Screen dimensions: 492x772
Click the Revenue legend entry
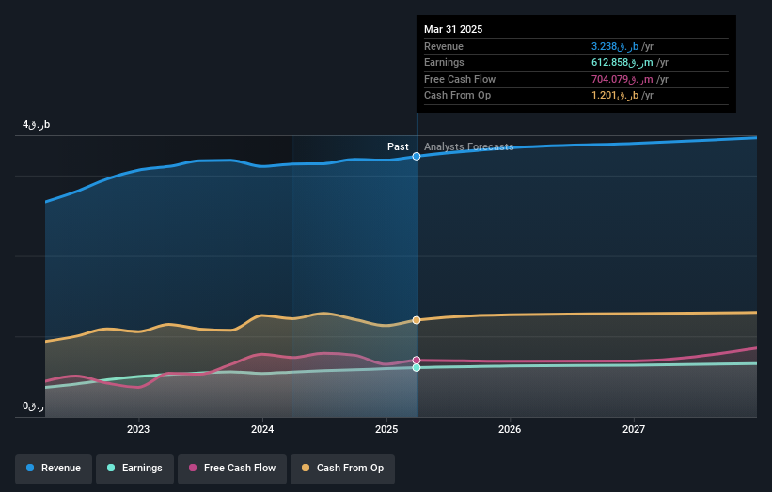coord(54,468)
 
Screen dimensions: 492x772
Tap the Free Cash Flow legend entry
coord(231,468)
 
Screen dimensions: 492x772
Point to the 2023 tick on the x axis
coord(138,430)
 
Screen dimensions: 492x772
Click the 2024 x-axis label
coord(262,430)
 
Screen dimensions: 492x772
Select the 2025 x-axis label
coord(386,430)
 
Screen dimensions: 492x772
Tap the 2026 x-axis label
coord(510,430)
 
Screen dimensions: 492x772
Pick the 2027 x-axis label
coord(634,430)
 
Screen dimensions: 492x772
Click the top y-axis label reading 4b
coord(37,125)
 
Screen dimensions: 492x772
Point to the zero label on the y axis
coord(34,406)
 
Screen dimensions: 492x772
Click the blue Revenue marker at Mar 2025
coord(417,157)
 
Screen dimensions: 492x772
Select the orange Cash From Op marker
coord(417,320)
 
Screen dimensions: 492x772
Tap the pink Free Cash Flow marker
coord(417,360)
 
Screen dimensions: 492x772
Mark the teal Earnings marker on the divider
coord(417,368)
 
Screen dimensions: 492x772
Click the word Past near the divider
coord(398,147)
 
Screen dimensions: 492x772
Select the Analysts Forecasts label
coord(469,147)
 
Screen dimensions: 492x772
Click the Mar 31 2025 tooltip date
coord(453,29)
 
